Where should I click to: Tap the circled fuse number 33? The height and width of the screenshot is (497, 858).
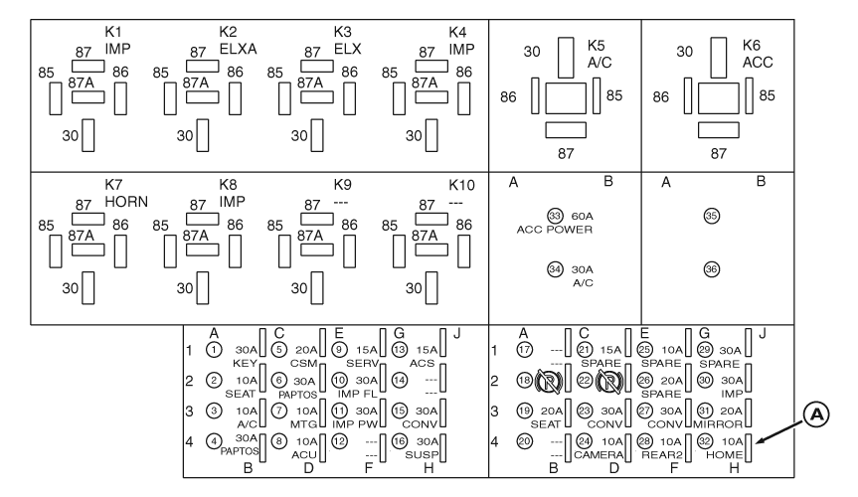click(x=555, y=216)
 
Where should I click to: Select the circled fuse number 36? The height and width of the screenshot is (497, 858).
click(x=711, y=267)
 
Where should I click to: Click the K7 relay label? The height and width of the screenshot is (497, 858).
click(x=114, y=185)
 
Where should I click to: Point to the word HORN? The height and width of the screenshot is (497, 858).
click(x=127, y=200)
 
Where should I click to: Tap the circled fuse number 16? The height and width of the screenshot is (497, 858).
click(x=399, y=413)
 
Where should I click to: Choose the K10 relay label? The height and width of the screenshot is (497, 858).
click(x=461, y=185)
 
